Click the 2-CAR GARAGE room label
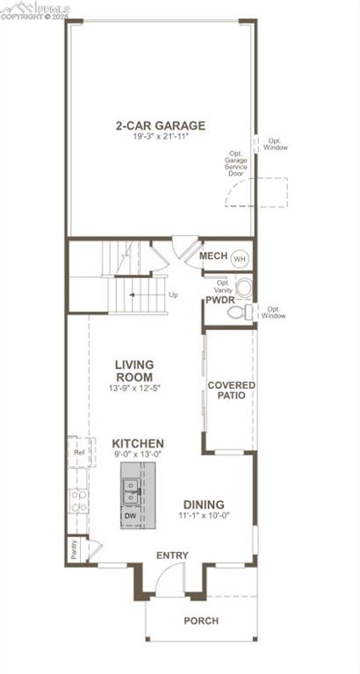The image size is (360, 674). point(160,125)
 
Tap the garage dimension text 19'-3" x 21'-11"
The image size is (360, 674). point(160,137)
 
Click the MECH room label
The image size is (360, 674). point(213,256)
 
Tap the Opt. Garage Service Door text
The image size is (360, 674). point(236,162)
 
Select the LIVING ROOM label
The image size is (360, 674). point(134,369)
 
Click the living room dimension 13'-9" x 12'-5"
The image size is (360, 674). point(134,386)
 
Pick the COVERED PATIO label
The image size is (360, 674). point(231,391)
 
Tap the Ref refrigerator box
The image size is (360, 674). point(78,453)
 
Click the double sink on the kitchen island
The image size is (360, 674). point(131,491)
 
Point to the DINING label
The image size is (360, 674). point(203,505)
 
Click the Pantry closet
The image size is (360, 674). point(75,550)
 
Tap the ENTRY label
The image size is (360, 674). point(172,556)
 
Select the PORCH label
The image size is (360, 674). point(201,620)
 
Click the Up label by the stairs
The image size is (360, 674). point(174,295)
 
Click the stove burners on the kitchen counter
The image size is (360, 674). point(77,500)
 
